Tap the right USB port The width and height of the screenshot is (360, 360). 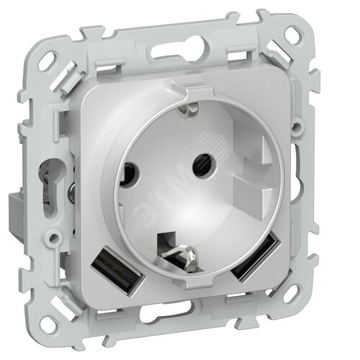[x=253, y=257]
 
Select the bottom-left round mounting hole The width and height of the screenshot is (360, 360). [x=50, y=324]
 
